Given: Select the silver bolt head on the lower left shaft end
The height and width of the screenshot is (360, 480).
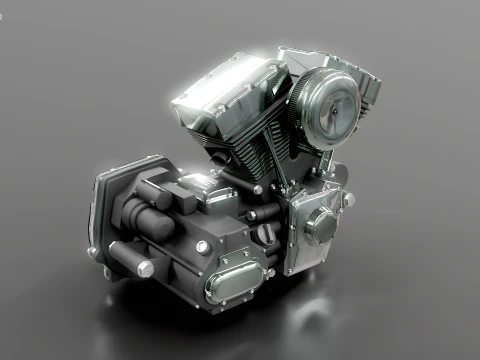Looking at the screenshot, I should coord(145,269).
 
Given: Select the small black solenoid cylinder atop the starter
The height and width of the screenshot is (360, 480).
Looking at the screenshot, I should coord(155,190).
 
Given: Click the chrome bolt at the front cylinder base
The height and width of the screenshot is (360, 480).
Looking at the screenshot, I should coord(257,188).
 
